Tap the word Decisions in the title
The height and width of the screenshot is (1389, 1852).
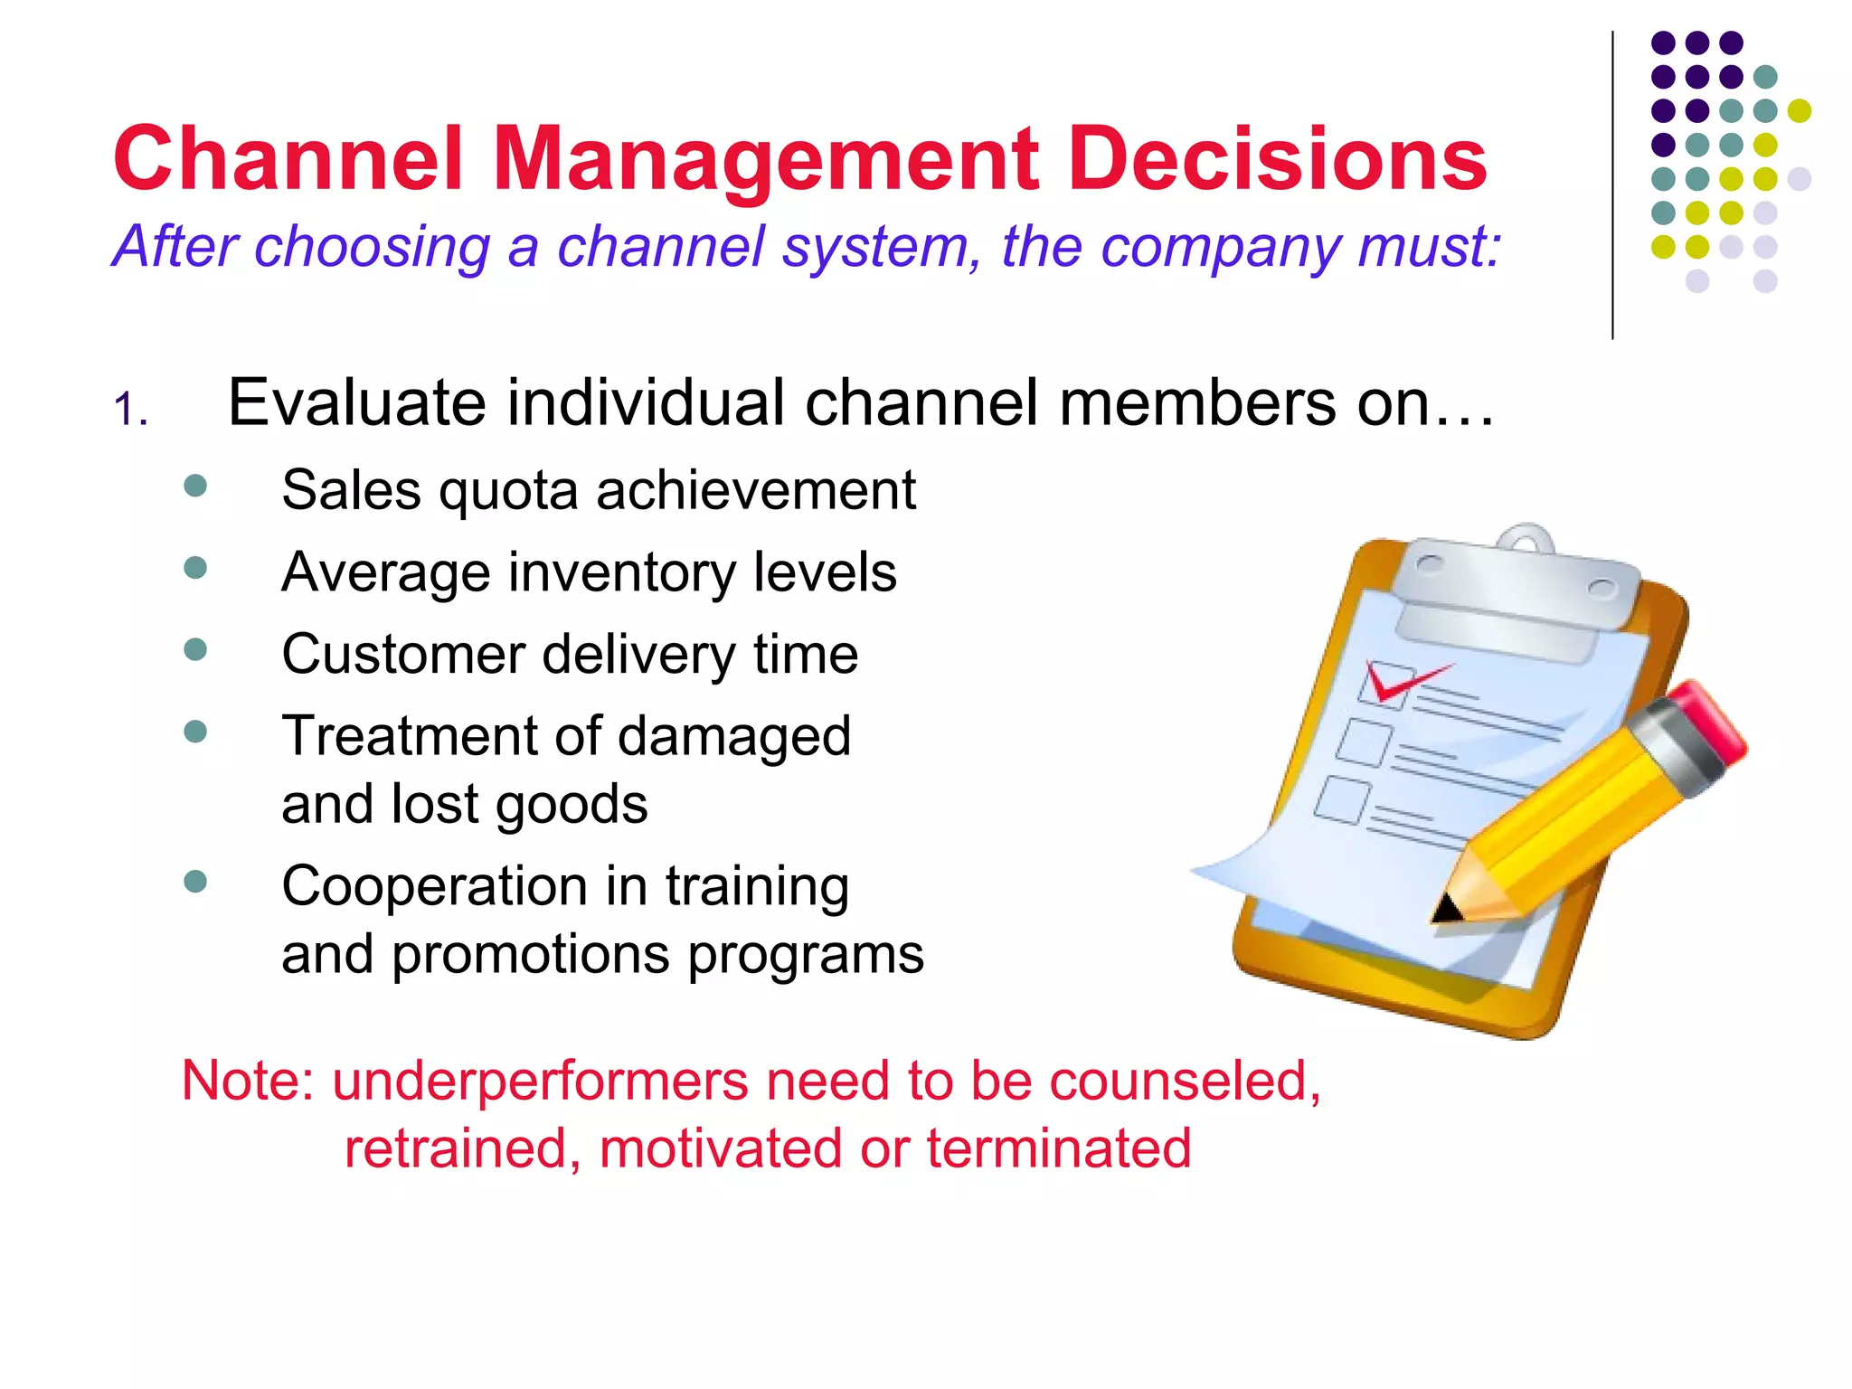(x=1277, y=159)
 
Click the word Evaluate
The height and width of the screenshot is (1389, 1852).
(x=356, y=402)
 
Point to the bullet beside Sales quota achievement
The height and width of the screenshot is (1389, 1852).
(x=195, y=487)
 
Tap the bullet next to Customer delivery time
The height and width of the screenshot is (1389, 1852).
(x=195, y=649)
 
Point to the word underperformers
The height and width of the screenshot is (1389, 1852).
(x=540, y=1081)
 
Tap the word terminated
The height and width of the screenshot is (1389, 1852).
(x=1058, y=1148)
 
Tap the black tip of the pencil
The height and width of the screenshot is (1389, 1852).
(x=1445, y=908)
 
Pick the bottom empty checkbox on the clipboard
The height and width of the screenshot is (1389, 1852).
(x=1342, y=799)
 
